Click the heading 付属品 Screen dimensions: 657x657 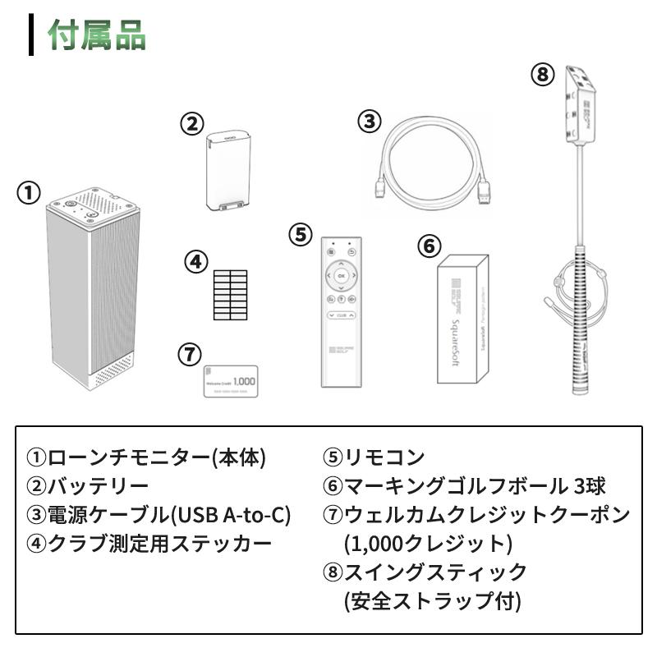tap(97, 35)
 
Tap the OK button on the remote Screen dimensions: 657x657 tap(341, 275)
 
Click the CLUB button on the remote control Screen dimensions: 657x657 tap(341, 315)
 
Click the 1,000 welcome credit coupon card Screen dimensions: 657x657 tap(230, 382)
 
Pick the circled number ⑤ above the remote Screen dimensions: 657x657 tap(301, 234)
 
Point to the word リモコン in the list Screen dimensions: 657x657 tap(384, 457)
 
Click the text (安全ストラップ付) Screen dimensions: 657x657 tap(432, 600)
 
